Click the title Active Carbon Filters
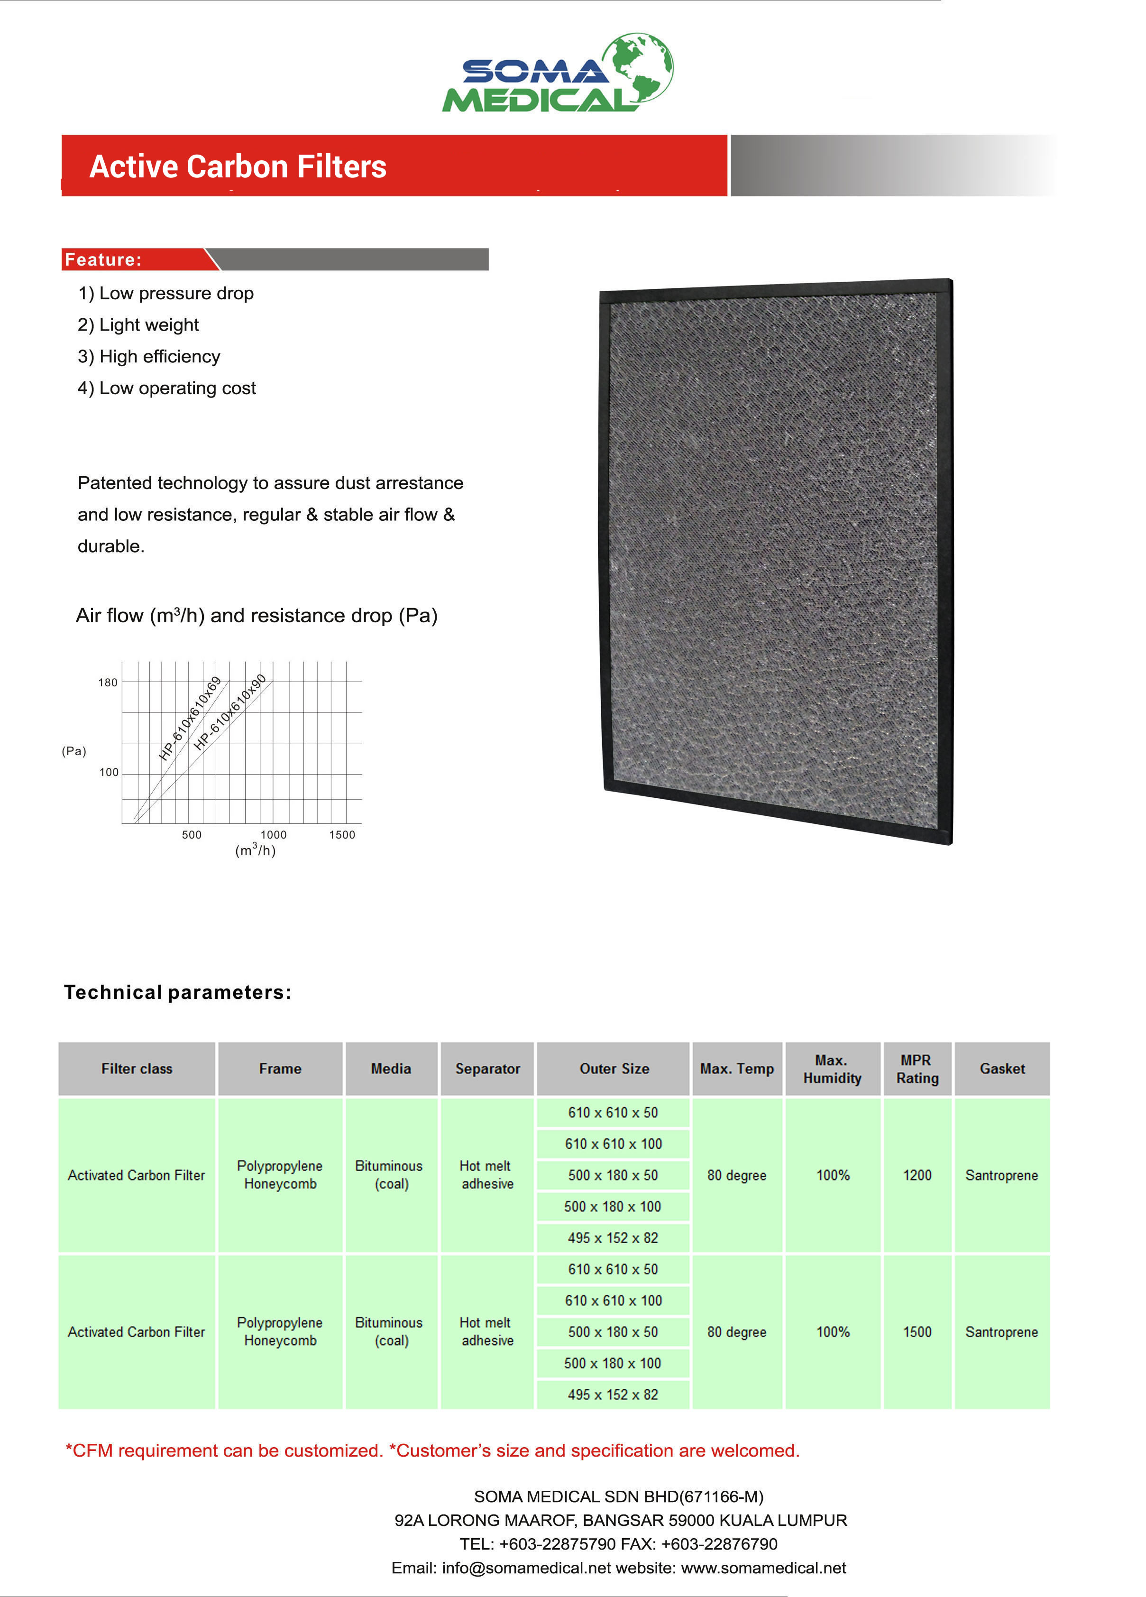238,167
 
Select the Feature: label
103,260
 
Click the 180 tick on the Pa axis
108,683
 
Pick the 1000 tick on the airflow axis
273,834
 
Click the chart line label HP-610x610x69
190,718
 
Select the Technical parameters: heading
177,992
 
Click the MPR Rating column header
917,1069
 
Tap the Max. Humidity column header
832,1069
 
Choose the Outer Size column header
614,1069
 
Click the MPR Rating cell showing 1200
917,1175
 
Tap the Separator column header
487,1069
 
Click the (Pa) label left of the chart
74,751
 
